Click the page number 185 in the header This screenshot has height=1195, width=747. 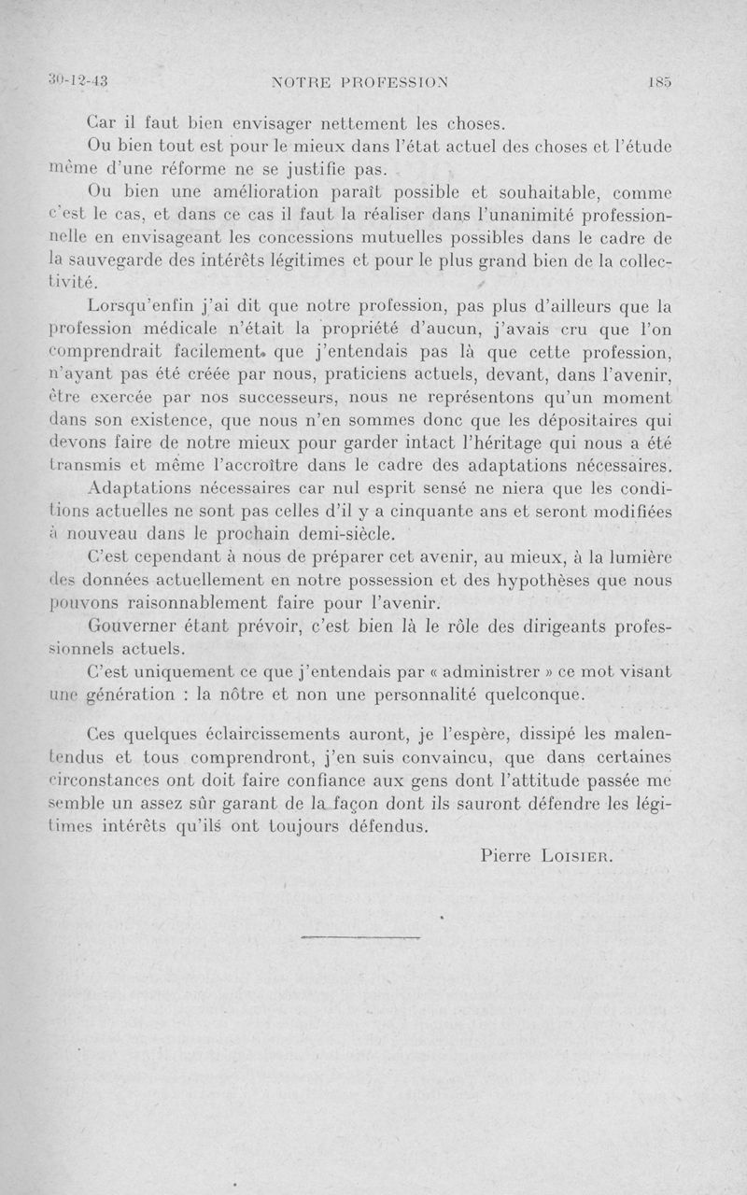click(659, 82)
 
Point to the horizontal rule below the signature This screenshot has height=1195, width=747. click(361, 935)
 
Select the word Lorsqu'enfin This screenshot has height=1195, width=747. click(142, 305)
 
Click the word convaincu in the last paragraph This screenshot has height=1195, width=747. click(464, 754)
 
